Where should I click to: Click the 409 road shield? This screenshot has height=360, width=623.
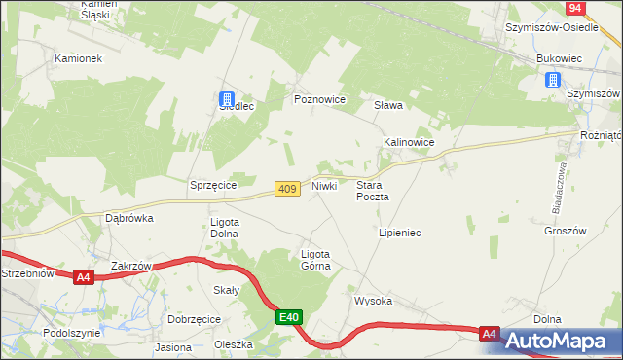point(286,188)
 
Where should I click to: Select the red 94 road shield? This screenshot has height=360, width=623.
point(575,8)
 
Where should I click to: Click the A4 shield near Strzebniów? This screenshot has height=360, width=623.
point(84,277)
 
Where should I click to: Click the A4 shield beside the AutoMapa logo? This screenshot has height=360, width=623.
point(490,334)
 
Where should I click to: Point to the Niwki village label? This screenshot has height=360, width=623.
point(325,185)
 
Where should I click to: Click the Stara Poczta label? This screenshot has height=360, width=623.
point(373,190)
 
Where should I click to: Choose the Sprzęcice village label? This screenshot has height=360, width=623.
point(214,184)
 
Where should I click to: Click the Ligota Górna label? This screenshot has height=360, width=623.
point(315,259)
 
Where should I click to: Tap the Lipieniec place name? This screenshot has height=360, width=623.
point(399,234)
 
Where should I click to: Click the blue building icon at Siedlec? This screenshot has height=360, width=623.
point(227,98)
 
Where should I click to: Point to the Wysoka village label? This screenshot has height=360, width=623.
point(373,301)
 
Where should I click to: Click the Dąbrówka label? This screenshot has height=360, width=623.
point(129,218)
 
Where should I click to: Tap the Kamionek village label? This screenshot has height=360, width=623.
point(78,58)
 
